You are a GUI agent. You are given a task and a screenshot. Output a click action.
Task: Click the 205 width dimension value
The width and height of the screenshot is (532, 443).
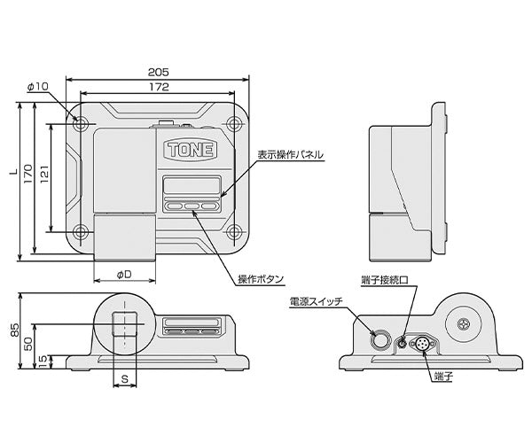(157, 74)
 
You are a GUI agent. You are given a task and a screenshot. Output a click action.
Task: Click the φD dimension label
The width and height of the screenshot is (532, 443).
(124, 274)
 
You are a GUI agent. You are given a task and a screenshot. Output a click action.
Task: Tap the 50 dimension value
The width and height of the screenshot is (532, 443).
(28, 343)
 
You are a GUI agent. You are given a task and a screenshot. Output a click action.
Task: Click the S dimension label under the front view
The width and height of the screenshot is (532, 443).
(124, 378)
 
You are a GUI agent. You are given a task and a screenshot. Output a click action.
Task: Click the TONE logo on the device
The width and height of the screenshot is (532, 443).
(189, 149)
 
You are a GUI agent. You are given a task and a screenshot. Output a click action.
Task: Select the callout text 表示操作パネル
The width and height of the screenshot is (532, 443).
(290, 154)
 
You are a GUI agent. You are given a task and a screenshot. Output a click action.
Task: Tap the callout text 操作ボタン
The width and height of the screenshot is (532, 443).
(261, 280)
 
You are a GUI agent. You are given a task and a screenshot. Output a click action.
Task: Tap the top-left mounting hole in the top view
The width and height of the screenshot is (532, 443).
(81, 124)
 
